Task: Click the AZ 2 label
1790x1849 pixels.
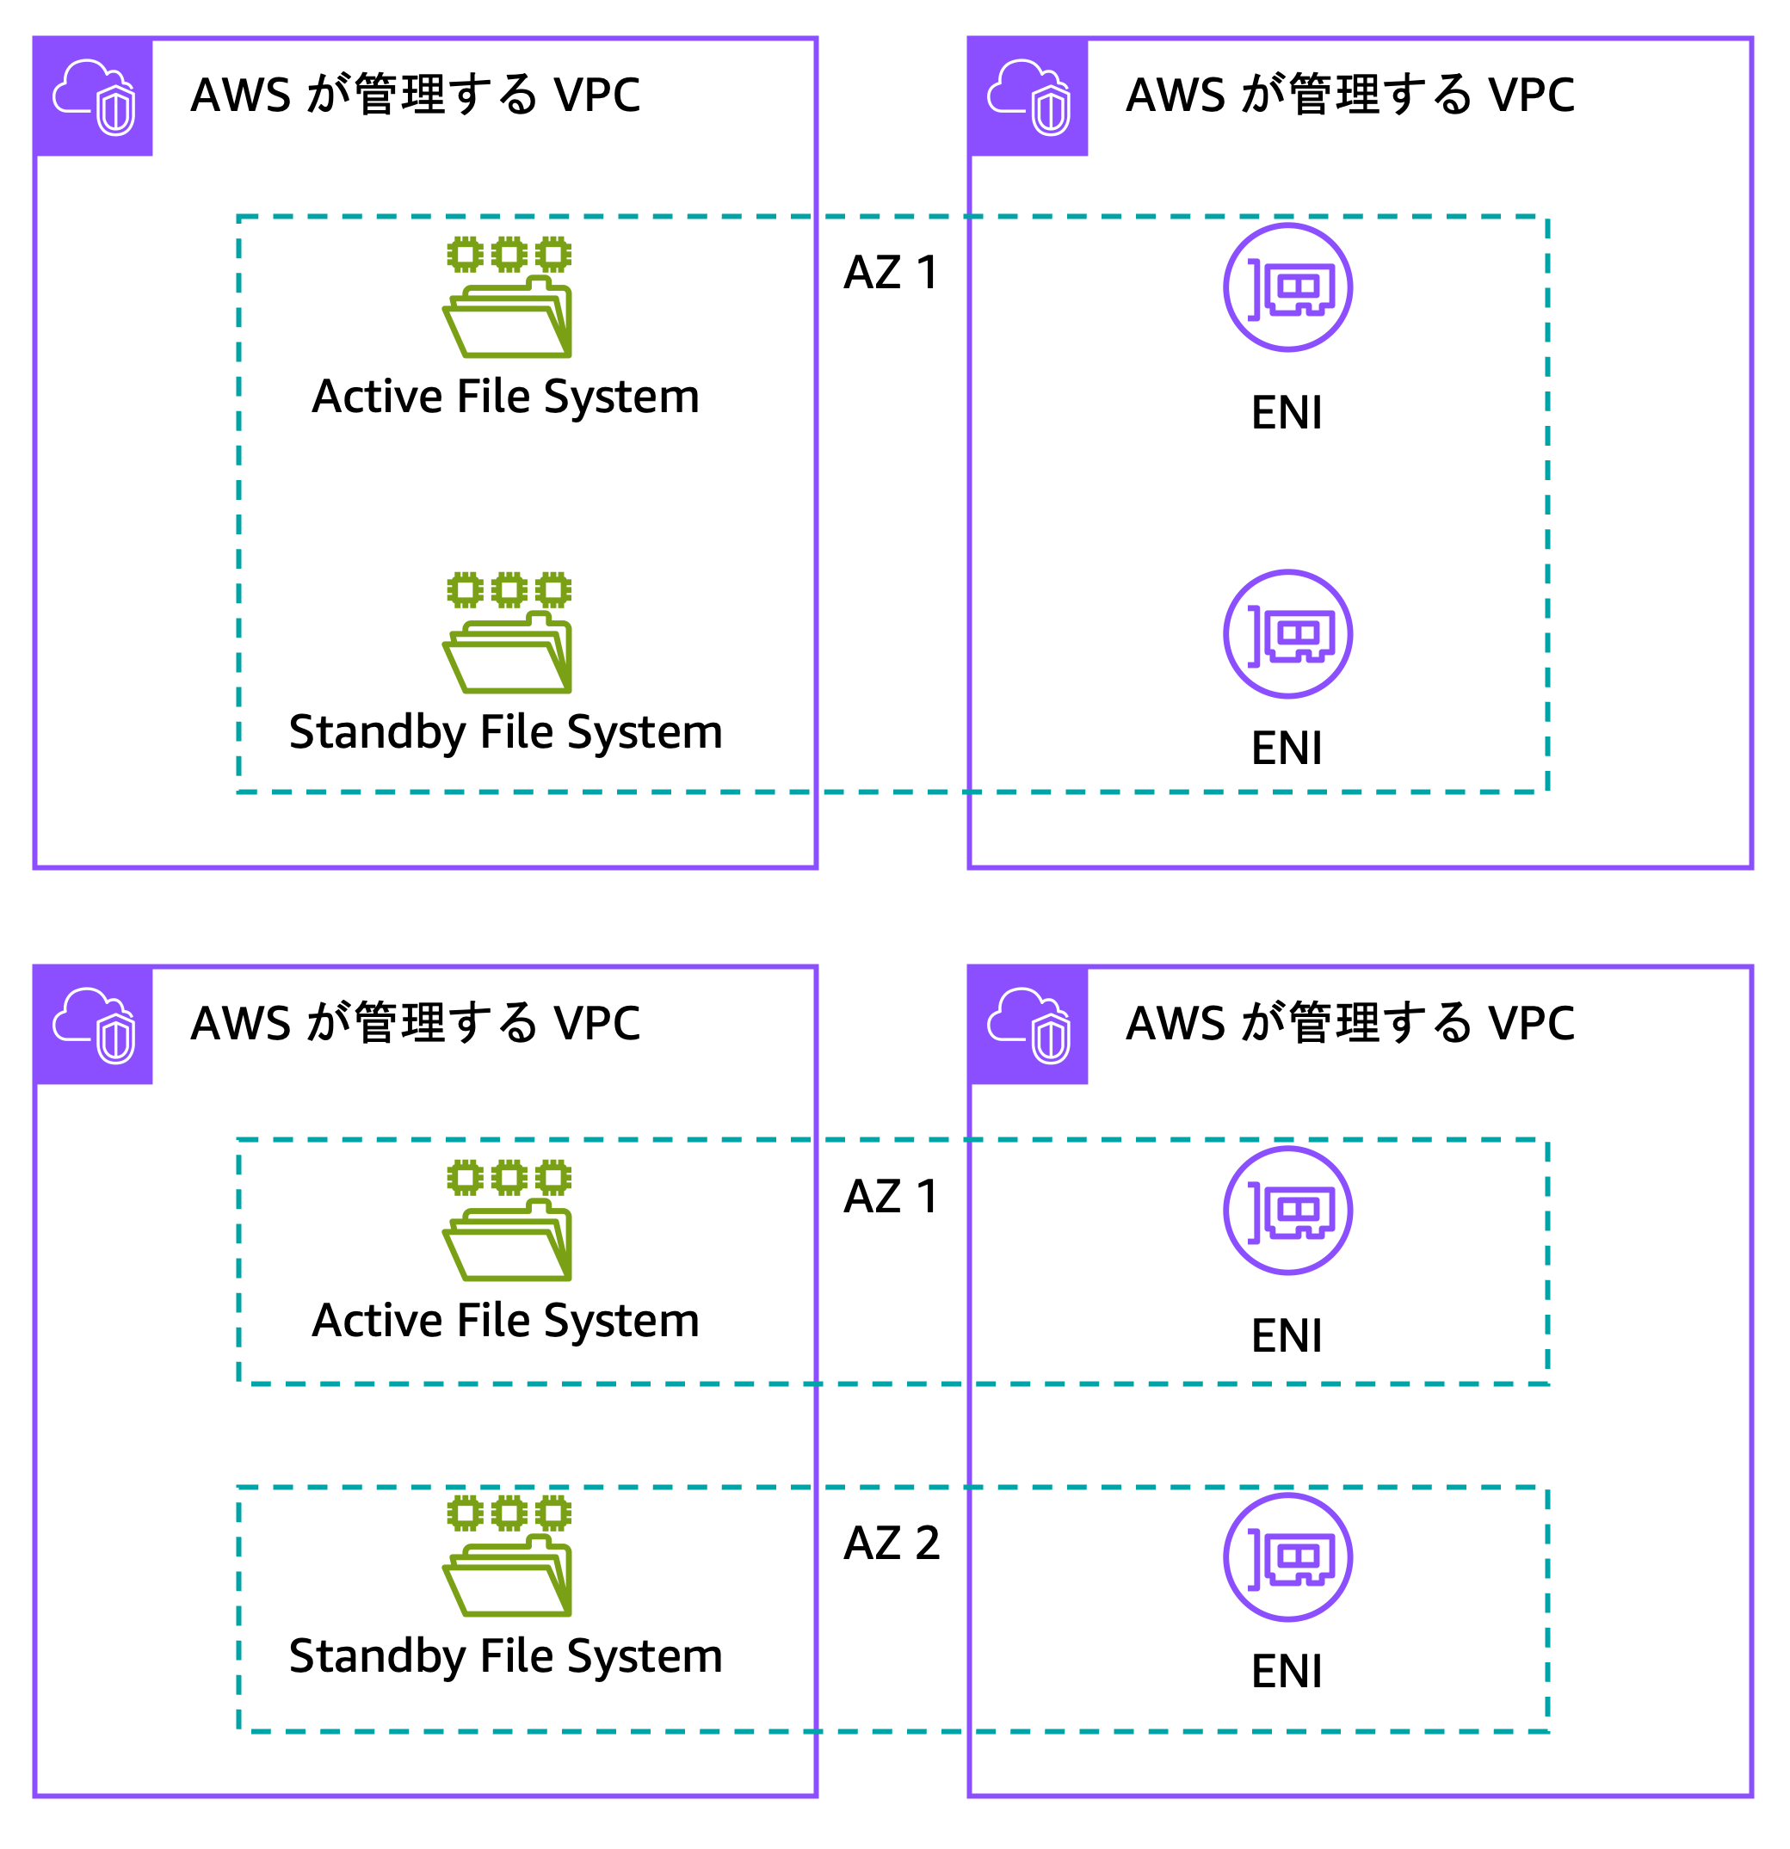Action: [891, 1544]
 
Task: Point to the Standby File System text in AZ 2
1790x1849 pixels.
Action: [506, 1655]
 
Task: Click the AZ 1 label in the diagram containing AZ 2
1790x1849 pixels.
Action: [891, 1196]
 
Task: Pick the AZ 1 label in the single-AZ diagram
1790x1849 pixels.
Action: [891, 273]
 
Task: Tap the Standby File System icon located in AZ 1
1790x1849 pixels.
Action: [508, 632]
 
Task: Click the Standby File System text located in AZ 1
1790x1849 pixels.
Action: [506, 732]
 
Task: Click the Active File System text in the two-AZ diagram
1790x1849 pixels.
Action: [506, 1320]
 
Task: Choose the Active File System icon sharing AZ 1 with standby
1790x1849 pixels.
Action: [508, 296]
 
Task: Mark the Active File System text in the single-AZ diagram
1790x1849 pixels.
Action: [506, 396]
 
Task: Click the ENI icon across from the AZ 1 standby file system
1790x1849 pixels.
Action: [1287, 634]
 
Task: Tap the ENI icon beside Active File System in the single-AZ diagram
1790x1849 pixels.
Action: [1287, 287]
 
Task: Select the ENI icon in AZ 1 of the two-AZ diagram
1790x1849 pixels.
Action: [1287, 1211]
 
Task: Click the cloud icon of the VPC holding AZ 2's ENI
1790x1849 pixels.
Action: [1028, 1026]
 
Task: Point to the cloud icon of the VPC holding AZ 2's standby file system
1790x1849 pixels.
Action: [94, 1026]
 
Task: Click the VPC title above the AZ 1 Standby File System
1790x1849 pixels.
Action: [415, 96]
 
